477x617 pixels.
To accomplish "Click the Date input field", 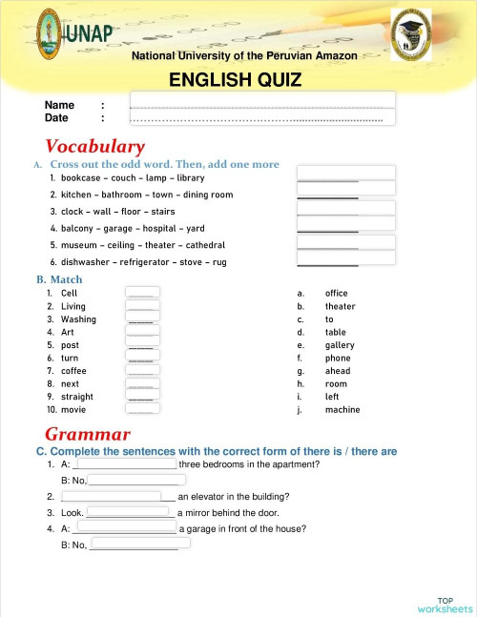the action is tap(262, 117).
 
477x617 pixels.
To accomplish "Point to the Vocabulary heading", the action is tap(95, 147).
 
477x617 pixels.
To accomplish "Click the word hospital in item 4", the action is tap(162, 229).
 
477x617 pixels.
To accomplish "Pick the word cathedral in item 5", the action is tap(204, 245).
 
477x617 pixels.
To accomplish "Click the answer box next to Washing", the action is tap(142, 319).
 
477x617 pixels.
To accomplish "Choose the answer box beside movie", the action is tap(142, 410).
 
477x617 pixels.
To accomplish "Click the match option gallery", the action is tap(340, 345).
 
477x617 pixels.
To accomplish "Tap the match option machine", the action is tap(342, 410).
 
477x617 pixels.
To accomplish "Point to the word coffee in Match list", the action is tap(73, 371).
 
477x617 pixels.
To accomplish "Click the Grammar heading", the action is tap(81, 435).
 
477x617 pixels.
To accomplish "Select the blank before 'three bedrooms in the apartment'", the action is tap(125, 464).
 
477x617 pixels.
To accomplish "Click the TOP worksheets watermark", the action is tap(444, 604).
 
